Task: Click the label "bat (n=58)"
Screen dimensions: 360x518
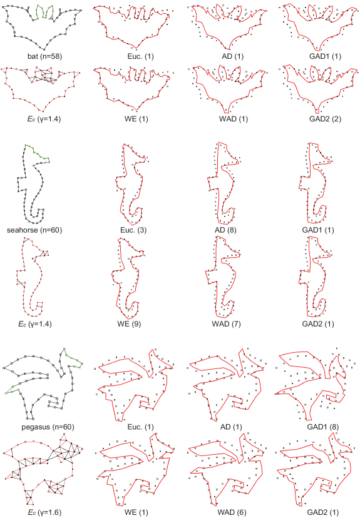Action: click(44, 56)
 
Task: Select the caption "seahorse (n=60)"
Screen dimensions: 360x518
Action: click(34, 230)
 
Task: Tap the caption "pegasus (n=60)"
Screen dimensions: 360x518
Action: click(48, 427)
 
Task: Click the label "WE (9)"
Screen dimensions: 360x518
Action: click(129, 324)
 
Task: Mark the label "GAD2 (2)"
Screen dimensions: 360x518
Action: click(321, 119)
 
